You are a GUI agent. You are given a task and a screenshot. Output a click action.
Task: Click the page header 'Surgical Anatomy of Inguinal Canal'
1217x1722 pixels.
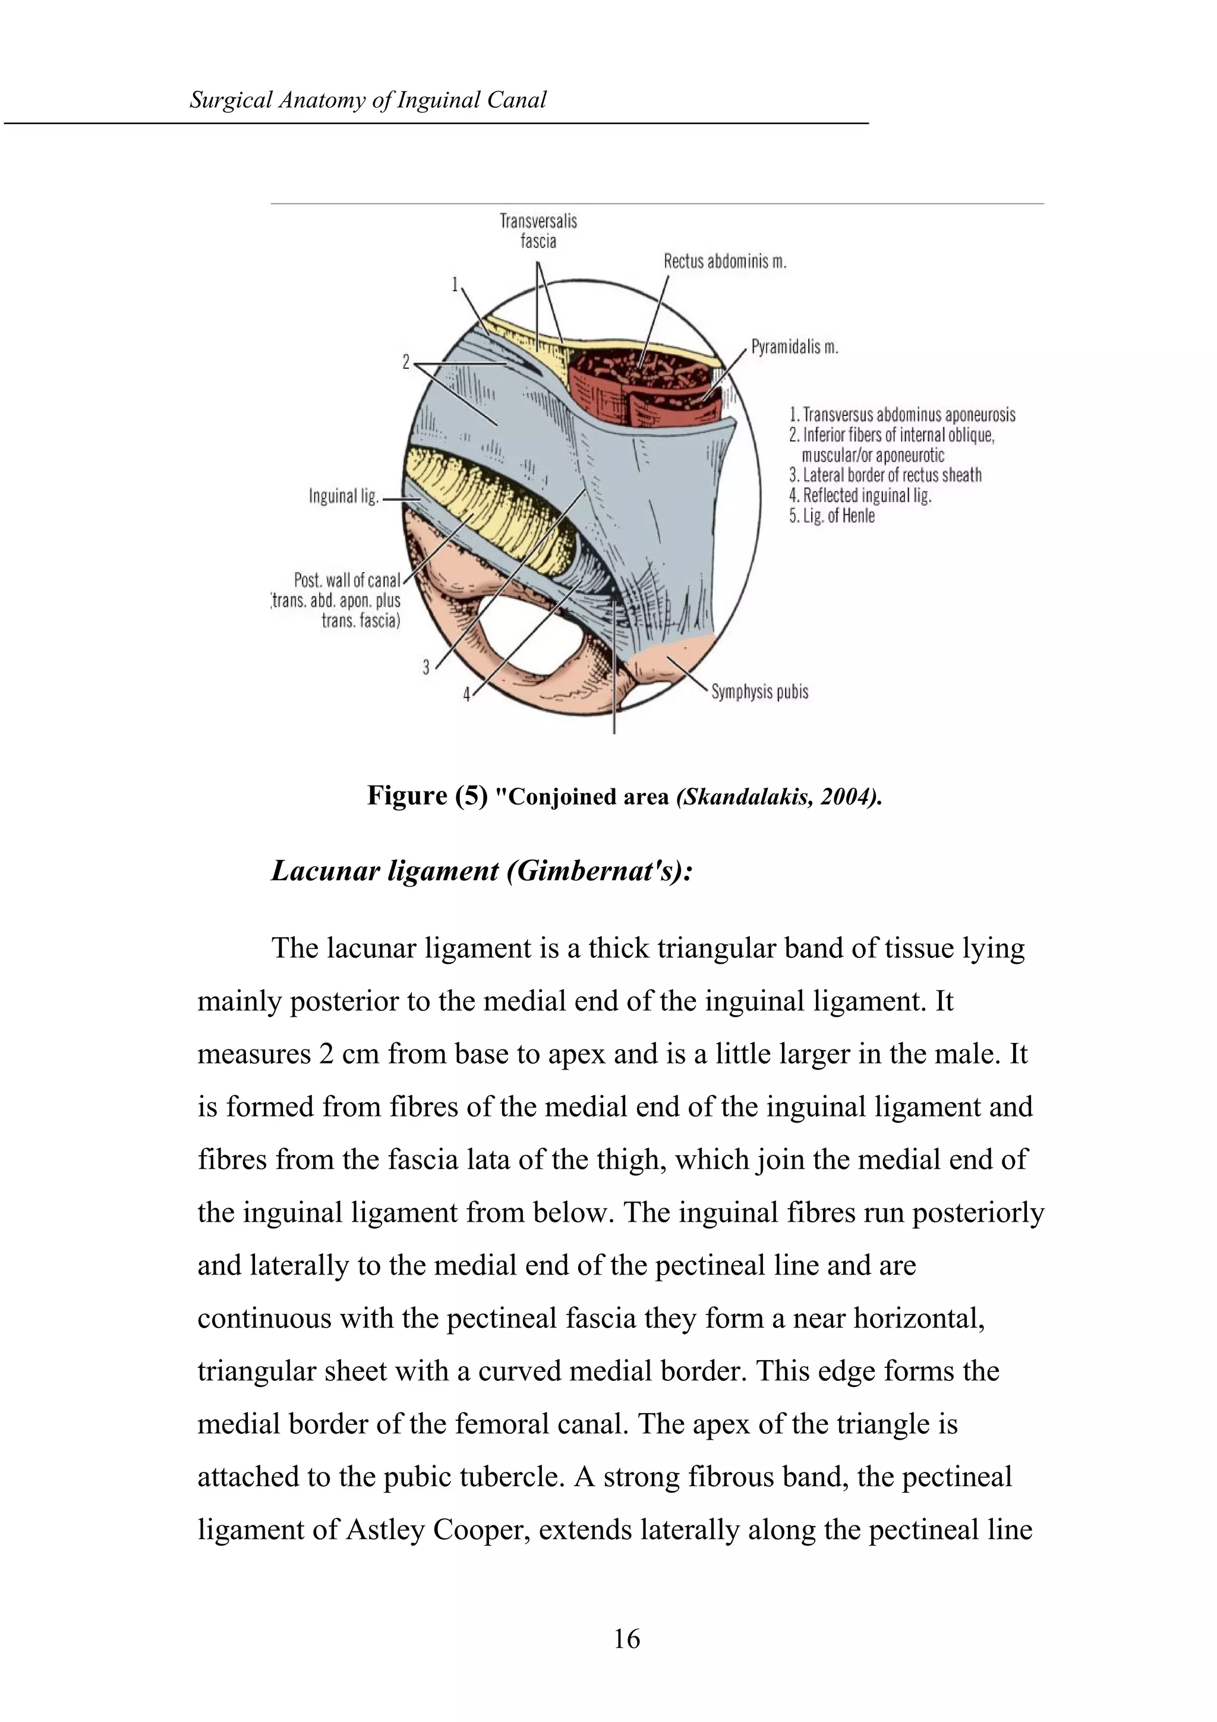(x=367, y=100)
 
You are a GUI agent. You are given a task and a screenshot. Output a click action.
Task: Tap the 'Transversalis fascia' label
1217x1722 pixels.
(x=538, y=230)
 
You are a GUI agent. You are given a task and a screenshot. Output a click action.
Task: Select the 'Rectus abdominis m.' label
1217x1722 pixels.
(x=724, y=262)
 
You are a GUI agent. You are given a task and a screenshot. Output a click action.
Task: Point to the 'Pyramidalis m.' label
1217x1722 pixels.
(x=794, y=347)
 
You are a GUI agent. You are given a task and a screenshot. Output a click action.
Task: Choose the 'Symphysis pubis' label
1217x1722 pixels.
(x=759, y=692)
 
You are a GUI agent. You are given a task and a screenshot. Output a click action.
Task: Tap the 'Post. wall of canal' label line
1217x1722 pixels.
(x=346, y=581)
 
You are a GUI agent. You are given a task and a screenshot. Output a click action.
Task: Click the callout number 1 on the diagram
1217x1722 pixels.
(x=455, y=284)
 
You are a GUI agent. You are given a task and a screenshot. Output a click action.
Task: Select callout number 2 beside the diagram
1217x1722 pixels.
(x=406, y=363)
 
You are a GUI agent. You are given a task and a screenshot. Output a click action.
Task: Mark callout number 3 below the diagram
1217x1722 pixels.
(x=426, y=667)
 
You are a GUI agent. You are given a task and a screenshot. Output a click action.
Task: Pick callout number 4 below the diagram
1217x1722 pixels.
(x=466, y=695)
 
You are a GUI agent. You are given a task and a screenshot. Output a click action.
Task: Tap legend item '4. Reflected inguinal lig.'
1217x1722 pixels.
(x=859, y=496)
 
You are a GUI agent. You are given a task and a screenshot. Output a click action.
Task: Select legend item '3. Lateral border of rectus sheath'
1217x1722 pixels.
(x=885, y=475)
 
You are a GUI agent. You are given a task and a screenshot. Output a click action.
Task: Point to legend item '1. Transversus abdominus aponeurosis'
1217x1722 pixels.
(x=902, y=415)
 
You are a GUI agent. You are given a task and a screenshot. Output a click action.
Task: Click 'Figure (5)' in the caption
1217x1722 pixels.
(x=427, y=796)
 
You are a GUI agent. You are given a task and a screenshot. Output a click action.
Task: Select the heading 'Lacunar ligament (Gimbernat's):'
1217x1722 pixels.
(x=481, y=871)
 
